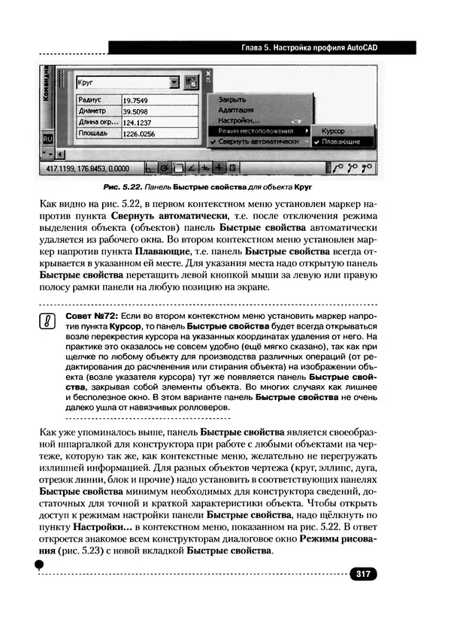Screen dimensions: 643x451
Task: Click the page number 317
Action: click(x=363, y=574)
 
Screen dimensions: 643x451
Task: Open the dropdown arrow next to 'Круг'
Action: click(x=174, y=82)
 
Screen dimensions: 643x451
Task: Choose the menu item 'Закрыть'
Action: click(x=232, y=99)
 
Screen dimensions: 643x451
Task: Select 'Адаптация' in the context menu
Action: click(x=236, y=109)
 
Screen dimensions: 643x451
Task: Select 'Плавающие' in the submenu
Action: click(x=340, y=141)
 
